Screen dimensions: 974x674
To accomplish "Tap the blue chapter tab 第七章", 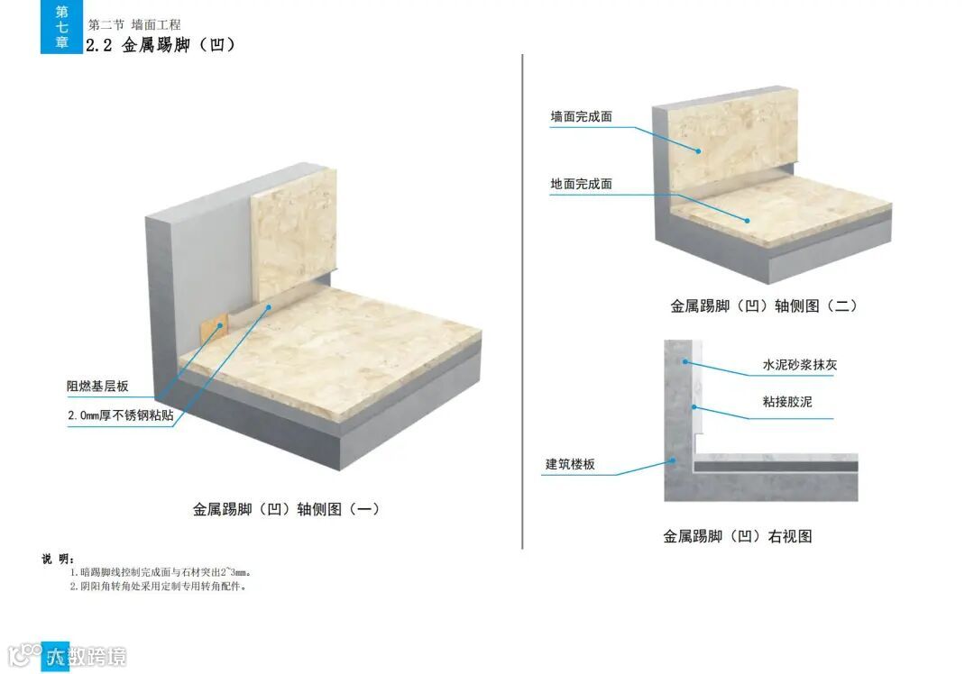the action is point(61,27).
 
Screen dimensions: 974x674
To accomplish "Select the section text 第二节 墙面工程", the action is point(134,25).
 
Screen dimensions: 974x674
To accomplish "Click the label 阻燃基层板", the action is point(97,387).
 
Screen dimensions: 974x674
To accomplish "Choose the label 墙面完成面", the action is point(582,116).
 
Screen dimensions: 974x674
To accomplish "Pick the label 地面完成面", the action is point(582,184).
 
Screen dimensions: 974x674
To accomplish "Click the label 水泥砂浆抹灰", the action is point(800,365).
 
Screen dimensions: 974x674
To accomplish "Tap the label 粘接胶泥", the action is point(787,402).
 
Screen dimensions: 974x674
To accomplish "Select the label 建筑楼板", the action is point(570,465).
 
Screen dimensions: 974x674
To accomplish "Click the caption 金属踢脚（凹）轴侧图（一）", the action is point(286,509).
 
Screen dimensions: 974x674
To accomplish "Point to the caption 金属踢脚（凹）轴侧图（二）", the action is point(763,306).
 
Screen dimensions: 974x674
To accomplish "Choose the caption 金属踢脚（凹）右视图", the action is point(738,536).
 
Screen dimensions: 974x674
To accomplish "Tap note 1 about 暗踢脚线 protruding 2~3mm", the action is point(167,572).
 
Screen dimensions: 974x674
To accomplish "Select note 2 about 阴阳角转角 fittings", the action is point(158,586).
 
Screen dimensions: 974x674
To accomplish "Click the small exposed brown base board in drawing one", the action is point(210,329).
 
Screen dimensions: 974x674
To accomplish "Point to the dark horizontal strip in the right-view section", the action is point(776,468).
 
